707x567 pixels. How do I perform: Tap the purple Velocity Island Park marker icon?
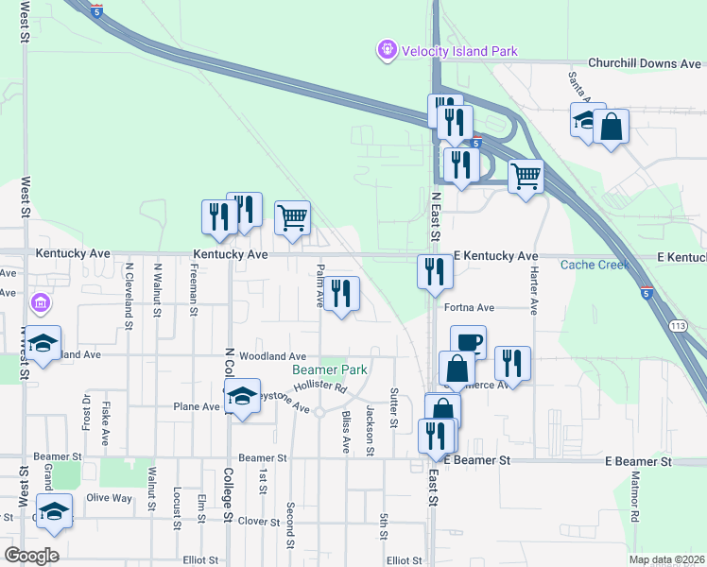tap(387, 49)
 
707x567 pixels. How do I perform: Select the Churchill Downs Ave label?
tap(644, 63)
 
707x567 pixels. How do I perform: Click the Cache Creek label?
tap(595, 265)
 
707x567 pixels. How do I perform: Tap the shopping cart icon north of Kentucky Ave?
tap(292, 217)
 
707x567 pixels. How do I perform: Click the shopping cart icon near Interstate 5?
tap(526, 176)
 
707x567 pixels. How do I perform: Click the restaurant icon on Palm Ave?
tap(340, 294)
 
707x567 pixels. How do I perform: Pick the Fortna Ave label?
tap(469, 308)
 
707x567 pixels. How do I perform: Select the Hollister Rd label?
tap(320, 387)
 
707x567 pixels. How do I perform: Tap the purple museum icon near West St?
tap(41, 303)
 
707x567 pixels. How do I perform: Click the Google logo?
tap(31, 556)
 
